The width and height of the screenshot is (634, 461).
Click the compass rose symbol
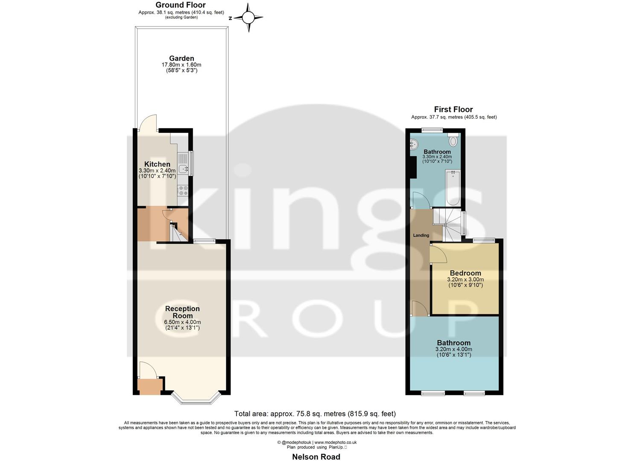point(248,18)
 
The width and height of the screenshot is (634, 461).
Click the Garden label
point(181,58)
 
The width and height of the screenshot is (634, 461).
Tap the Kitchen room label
point(157,164)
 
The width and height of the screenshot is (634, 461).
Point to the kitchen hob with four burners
point(183,191)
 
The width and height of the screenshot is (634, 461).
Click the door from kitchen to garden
point(148,123)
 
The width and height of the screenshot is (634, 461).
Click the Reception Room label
point(182,312)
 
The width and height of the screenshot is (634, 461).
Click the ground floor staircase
point(177,233)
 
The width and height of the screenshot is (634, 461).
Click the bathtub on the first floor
point(453,187)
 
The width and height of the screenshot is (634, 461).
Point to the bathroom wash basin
point(413,145)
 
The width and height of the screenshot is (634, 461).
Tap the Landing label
point(421,235)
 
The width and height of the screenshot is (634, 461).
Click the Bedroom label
point(465,273)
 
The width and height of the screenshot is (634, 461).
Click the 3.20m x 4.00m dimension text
point(453,349)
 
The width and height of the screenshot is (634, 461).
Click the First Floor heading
point(453,109)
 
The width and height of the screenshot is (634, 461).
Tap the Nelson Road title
point(316,457)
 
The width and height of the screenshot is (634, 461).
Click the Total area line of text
point(315,414)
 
